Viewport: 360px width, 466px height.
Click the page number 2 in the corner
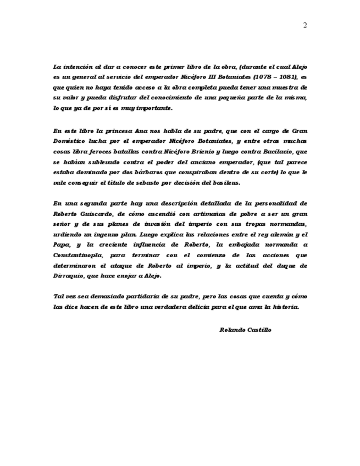click(304, 25)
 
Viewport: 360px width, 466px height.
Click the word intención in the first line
click(79, 67)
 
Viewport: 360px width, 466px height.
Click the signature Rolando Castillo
click(245, 330)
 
